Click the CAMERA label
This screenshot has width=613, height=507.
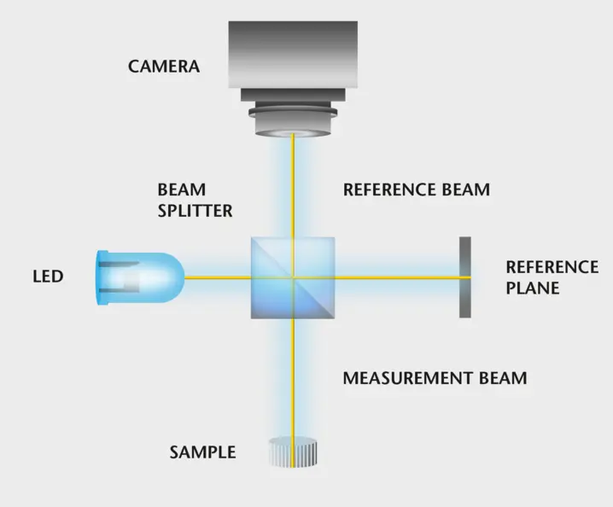[164, 66]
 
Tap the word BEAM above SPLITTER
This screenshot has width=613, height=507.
[182, 189]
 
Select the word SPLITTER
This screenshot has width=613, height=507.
[195, 210]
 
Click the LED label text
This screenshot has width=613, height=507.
[48, 277]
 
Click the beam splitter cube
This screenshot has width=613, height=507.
[293, 277]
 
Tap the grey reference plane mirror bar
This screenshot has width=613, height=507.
[464, 277]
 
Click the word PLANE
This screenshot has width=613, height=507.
[532, 288]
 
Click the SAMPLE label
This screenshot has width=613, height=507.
[202, 452]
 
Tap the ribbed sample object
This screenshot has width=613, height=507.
[293, 452]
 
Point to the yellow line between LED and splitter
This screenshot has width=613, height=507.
[218, 277]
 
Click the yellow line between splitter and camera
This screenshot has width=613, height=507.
[293, 188]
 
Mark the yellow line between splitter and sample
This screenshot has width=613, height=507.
[293, 376]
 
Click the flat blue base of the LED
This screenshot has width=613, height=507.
[102, 277]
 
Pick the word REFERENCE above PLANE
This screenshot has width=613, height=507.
[552, 267]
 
